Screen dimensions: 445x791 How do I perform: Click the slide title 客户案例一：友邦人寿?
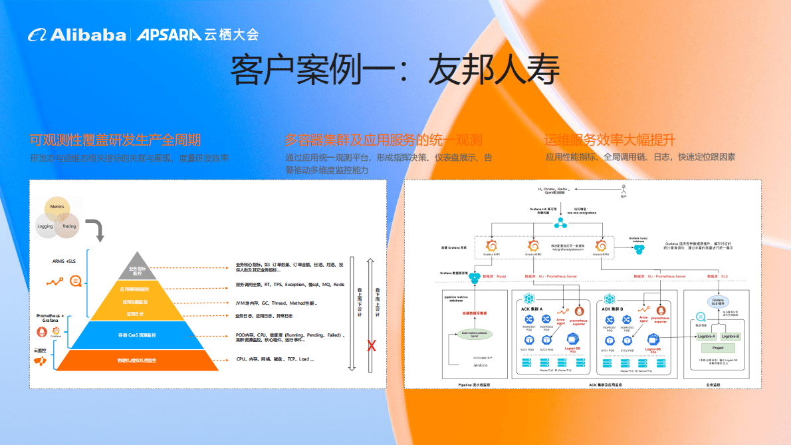(395, 69)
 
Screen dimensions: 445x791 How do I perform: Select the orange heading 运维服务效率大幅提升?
(610, 140)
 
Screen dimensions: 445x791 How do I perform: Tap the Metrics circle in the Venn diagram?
(57, 208)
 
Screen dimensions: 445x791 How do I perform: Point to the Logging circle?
(45, 226)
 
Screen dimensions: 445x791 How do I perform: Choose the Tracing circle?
(68, 226)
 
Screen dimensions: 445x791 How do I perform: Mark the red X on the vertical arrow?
(372, 345)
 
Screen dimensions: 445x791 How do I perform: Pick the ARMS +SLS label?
(64, 261)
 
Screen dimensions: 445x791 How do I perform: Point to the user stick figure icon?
(623, 188)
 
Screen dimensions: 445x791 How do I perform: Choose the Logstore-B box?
(730, 337)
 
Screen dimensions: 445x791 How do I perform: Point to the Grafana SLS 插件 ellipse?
(718, 302)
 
